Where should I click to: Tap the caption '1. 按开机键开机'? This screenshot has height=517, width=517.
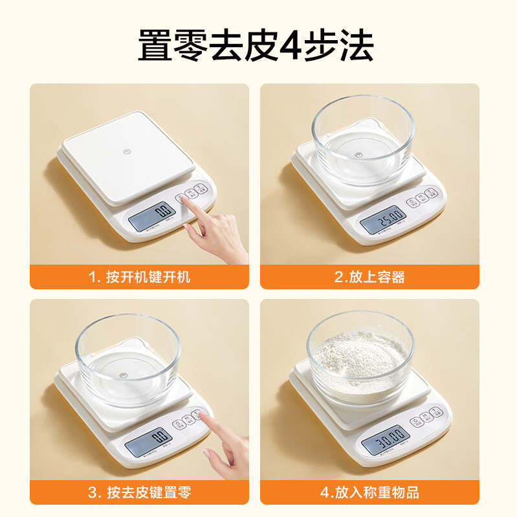click(x=139, y=278)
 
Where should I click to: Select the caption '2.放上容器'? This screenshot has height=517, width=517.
click(x=369, y=278)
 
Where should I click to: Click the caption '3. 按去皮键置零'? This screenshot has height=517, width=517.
click(x=139, y=492)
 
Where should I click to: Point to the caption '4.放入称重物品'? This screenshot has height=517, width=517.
click(x=369, y=492)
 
